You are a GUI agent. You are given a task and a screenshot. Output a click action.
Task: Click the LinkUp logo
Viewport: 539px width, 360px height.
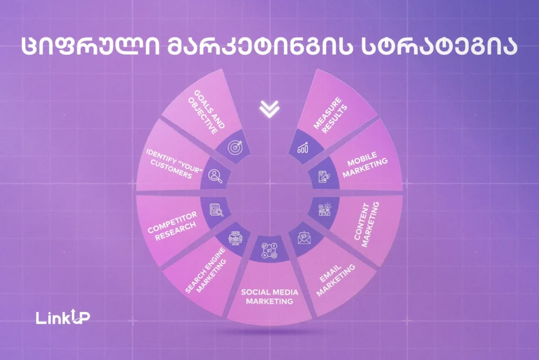63,317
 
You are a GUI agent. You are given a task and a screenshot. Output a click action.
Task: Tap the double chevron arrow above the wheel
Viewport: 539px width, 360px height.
269,109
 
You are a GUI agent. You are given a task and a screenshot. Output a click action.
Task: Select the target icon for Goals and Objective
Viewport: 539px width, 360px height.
235,147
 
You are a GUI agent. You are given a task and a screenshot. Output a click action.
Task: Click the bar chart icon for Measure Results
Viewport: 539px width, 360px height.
303,147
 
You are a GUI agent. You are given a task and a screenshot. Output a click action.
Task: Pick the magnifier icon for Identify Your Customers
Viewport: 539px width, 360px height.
215,176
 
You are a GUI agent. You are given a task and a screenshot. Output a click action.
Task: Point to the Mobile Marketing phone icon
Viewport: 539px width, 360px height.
324,176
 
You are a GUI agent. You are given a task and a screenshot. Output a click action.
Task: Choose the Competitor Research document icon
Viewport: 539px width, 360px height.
216,210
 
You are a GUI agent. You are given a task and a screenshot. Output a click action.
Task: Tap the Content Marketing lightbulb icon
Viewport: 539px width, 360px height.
324,209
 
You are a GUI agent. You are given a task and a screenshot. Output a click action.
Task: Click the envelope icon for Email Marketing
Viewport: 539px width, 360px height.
304,238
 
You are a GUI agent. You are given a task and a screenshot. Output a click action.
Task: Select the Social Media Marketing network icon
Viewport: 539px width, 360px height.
269,251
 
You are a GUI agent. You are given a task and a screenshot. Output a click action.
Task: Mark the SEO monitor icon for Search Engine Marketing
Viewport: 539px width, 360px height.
235,238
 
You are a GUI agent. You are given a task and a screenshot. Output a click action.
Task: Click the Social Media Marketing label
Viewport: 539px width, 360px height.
269,297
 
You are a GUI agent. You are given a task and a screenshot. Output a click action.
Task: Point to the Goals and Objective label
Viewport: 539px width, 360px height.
206,112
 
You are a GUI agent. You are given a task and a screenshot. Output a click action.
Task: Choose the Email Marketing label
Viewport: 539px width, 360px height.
335,279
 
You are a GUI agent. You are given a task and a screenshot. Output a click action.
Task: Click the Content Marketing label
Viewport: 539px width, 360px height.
366,224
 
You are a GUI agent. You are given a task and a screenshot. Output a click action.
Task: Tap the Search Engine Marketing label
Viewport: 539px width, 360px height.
206,270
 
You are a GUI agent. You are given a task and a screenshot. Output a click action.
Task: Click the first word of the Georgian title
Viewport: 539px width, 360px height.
91,46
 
